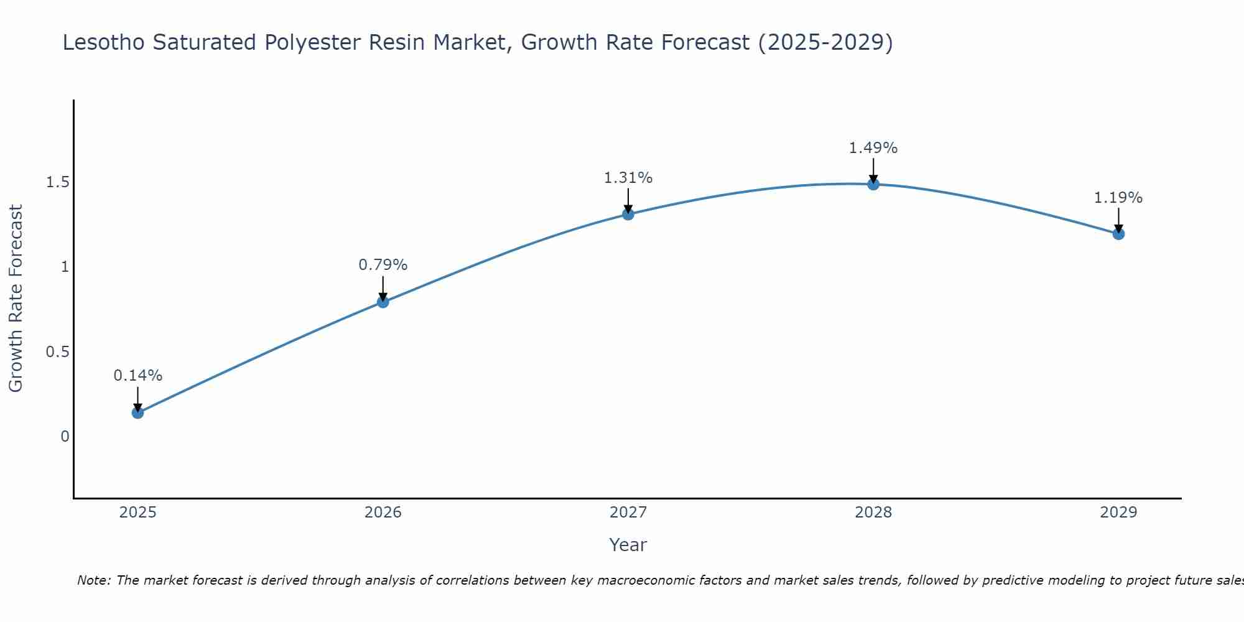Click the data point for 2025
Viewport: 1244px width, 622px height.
pyautogui.click(x=137, y=412)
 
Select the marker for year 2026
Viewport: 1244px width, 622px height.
pyautogui.click(x=383, y=302)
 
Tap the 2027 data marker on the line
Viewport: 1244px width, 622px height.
pyautogui.click(x=628, y=214)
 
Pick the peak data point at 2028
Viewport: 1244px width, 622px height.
pyautogui.click(x=873, y=183)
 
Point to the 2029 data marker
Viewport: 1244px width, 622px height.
pyautogui.click(x=1118, y=234)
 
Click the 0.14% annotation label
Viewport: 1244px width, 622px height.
pyautogui.click(x=137, y=376)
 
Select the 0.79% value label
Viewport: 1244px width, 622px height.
pyautogui.click(x=383, y=265)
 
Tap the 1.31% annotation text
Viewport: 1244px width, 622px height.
pyautogui.click(x=628, y=178)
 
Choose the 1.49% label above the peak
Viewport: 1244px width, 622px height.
pyautogui.click(x=873, y=148)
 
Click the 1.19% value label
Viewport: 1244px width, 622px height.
pyautogui.click(x=1118, y=198)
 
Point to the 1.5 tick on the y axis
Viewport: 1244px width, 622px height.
pyautogui.click(x=57, y=182)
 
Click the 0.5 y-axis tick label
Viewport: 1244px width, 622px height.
pyautogui.click(x=57, y=352)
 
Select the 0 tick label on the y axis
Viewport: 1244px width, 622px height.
pyautogui.click(x=65, y=437)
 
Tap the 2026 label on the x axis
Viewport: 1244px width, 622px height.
pyautogui.click(x=383, y=513)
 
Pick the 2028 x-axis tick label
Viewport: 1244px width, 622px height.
pyautogui.click(x=873, y=513)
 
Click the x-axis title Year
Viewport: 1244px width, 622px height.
pyautogui.click(x=628, y=545)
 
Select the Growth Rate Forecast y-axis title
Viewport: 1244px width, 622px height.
pyautogui.click(x=16, y=299)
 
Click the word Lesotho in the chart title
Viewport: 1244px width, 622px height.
pyautogui.click(x=103, y=42)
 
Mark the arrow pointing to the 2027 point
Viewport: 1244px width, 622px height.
pyautogui.click(x=628, y=200)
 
